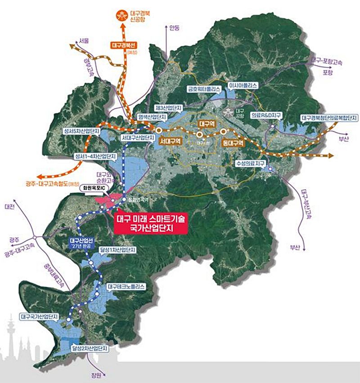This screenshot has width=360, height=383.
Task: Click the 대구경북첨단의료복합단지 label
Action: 329,118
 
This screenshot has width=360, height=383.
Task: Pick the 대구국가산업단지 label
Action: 40,316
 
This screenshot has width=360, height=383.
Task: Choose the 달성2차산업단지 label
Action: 90,348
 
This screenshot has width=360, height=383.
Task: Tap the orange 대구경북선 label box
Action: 125,45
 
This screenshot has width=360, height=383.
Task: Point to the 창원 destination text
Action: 90,373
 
